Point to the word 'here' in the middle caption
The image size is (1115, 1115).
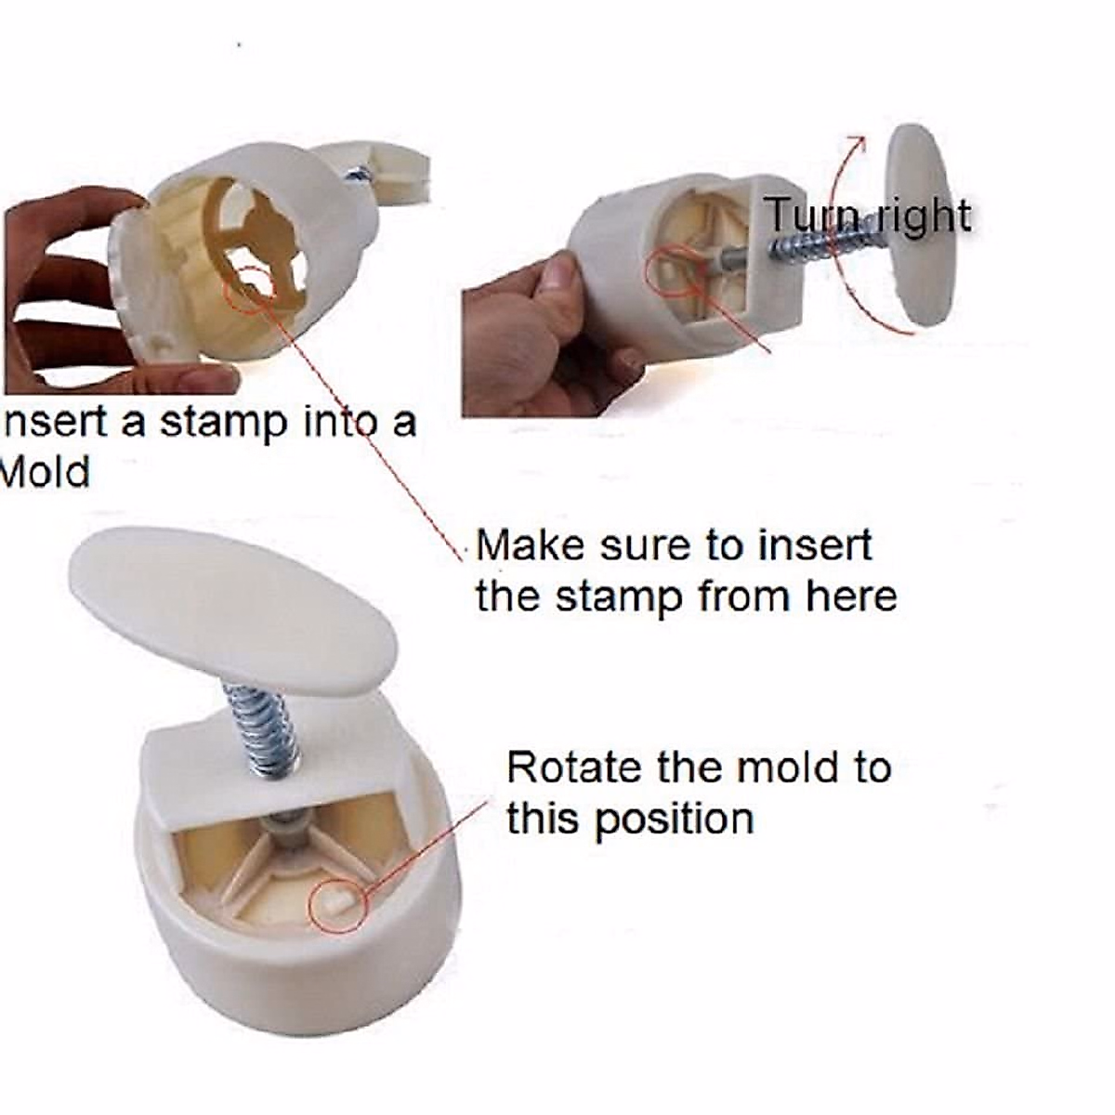tap(852, 596)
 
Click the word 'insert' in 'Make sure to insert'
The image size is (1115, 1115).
tap(815, 544)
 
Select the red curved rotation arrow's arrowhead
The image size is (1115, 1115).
tap(859, 143)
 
